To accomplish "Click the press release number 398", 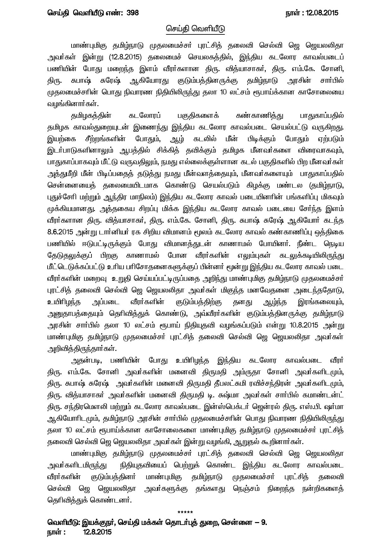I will pos(132,13).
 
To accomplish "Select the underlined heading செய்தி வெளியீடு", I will pos(195,29).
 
